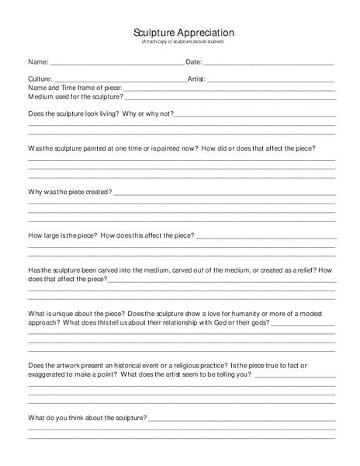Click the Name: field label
38,61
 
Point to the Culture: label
40,79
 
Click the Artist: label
197,79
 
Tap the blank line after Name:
116,63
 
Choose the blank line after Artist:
271,81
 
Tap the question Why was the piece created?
70,191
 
